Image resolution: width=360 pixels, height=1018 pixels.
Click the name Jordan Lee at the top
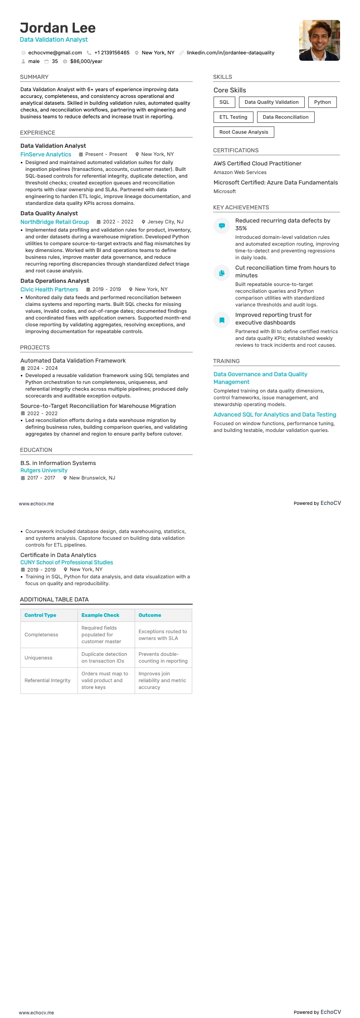(58, 28)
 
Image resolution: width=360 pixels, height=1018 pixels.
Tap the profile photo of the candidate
(319, 40)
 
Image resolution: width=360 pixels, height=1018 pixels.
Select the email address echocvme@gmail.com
(55, 53)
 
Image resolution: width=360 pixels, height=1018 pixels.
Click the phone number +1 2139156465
(112, 53)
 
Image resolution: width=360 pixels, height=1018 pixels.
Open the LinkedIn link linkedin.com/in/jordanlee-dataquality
(230, 53)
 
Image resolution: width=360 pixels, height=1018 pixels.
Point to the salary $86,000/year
(86, 61)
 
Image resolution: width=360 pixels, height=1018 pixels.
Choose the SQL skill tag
(224, 102)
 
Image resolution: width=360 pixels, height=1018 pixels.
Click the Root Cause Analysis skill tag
(243, 132)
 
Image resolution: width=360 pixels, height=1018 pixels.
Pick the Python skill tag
(322, 102)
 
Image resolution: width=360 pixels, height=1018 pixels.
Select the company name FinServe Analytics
(46, 154)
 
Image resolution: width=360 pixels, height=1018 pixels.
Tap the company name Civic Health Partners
(49, 289)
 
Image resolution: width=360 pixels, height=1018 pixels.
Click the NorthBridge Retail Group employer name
(54, 222)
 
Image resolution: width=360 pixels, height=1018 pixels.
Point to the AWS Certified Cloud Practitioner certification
(257, 163)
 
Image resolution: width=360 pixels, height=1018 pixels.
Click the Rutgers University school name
(44, 470)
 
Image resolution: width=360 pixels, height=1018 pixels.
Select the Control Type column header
(40, 615)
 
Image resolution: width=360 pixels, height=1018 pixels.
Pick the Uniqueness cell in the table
(39, 658)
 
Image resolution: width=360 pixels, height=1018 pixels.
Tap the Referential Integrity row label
(48, 680)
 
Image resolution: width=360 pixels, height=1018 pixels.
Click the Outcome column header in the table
(150, 615)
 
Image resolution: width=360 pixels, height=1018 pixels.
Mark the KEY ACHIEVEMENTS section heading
(241, 207)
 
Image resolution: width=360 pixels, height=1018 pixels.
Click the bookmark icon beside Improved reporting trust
(222, 320)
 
